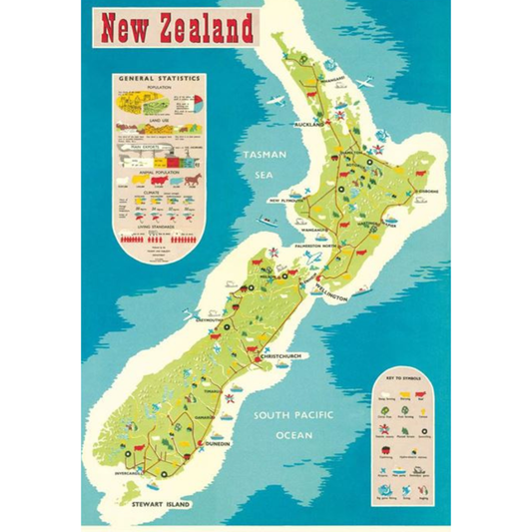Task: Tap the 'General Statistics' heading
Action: [x=160, y=77]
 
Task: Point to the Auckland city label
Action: [x=310, y=125]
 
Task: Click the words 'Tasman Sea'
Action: [x=263, y=164]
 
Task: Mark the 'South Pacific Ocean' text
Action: [x=295, y=424]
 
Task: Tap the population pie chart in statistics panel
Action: [x=194, y=101]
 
